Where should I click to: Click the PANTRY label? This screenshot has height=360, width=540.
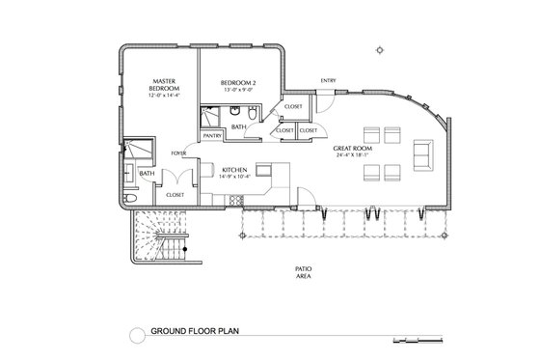tap(213, 136)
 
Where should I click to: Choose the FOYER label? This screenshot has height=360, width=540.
tap(178, 152)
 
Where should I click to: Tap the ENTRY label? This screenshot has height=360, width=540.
tap(329, 80)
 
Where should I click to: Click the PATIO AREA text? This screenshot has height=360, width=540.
tap(302, 272)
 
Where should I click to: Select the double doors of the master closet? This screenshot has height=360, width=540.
tap(175, 177)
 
